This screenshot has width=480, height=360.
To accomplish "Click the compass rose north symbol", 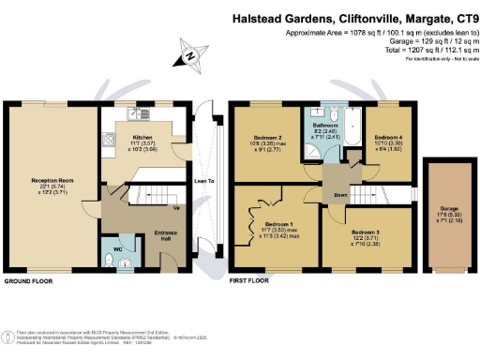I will click(192, 56).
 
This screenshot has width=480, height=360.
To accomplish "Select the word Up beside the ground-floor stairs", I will click(175, 207).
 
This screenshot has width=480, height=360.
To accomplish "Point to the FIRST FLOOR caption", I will click(247, 281).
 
